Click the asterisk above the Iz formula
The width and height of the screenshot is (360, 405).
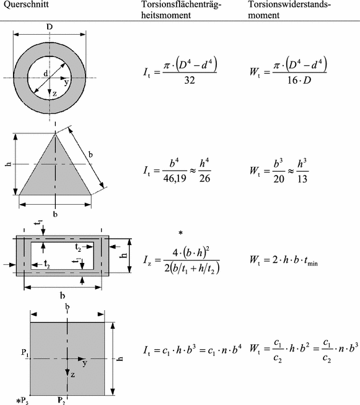180,234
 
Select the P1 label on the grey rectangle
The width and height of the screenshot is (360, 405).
24,352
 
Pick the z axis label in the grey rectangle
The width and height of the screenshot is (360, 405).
72,375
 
